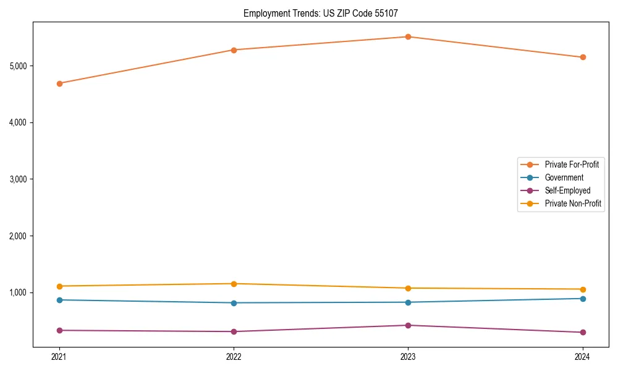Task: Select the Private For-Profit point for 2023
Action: (x=408, y=36)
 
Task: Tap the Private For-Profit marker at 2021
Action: (x=59, y=83)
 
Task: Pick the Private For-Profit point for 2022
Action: (x=234, y=50)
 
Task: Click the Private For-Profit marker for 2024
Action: (x=583, y=58)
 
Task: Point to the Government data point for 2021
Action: (x=59, y=300)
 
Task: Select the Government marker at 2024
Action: (x=583, y=299)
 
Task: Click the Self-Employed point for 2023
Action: (x=408, y=325)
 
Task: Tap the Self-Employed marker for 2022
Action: (x=234, y=331)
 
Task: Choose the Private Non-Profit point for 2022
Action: (x=234, y=284)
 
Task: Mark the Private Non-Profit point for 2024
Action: (x=583, y=289)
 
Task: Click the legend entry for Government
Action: (x=564, y=177)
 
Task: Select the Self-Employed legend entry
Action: (x=567, y=190)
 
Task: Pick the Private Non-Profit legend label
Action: (x=573, y=203)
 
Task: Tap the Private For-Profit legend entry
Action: (x=572, y=164)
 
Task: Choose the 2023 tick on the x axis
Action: (x=408, y=356)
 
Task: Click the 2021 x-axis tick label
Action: (x=59, y=356)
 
